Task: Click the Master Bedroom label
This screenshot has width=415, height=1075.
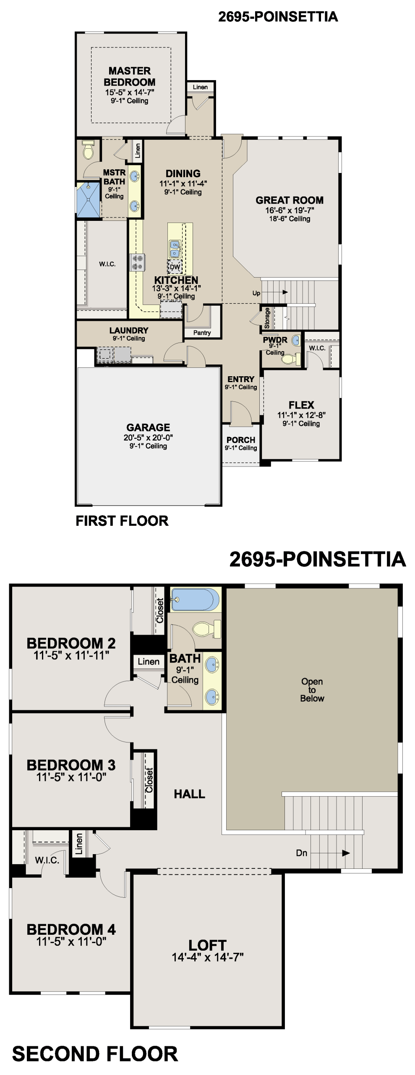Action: [x=129, y=76]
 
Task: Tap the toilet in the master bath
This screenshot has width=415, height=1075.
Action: [x=88, y=150]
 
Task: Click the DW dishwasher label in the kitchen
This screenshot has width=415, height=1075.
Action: [x=175, y=267]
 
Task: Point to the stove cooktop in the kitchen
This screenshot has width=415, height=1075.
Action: [x=137, y=262]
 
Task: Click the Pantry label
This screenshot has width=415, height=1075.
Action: [x=202, y=333]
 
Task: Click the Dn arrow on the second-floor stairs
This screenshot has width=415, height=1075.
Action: [x=331, y=853]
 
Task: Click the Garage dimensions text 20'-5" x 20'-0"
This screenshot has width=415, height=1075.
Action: [x=148, y=437]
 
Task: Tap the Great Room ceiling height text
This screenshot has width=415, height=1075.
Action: [x=290, y=219]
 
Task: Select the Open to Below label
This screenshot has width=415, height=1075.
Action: [x=312, y=690]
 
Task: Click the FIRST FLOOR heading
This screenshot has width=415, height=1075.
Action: [x=122, y=521]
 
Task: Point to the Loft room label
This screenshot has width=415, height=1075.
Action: [x=208, y=945]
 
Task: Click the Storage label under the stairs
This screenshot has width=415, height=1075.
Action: [x=267, y=318]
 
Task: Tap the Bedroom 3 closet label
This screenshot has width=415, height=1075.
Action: [x=149, y=780]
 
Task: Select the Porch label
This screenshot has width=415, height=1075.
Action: [x=241, y=440]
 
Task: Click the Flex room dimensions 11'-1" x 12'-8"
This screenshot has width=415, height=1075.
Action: [x=301, y=415]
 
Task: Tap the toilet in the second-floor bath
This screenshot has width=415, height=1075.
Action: [x=206, y=629]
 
